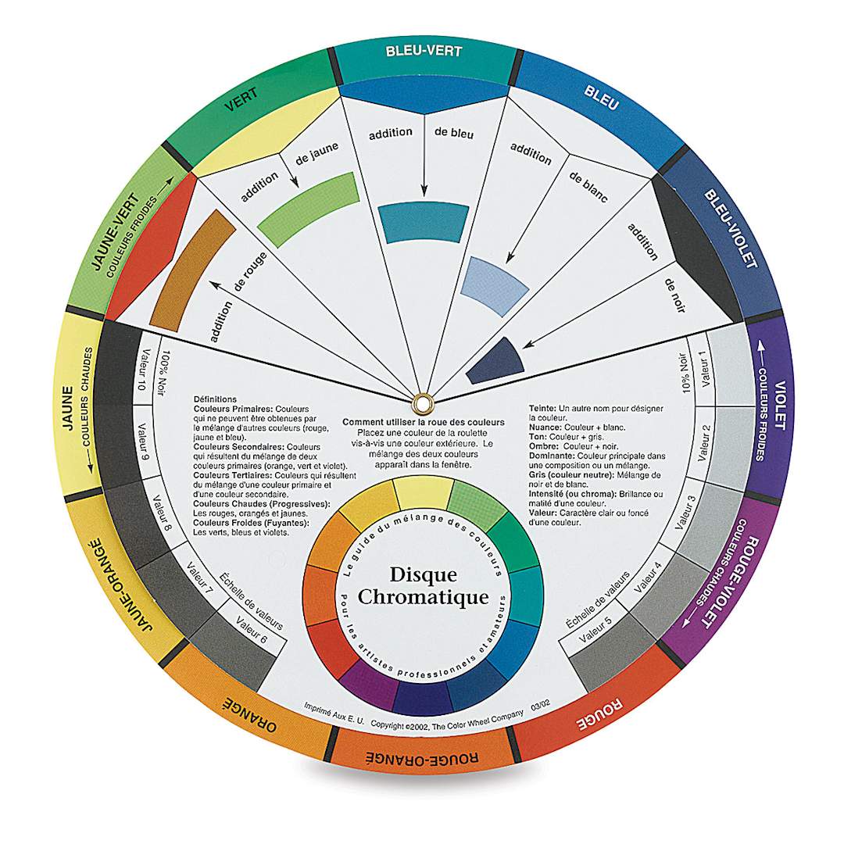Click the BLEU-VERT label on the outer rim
point(424,52)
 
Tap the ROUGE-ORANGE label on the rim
point(423,757)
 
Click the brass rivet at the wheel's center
point(423,402)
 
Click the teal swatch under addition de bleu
point(424,223)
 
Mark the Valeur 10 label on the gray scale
point(142,372)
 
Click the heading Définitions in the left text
point(215,399)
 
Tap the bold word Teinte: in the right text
point(544,409)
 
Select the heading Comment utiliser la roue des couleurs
point(423,422)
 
